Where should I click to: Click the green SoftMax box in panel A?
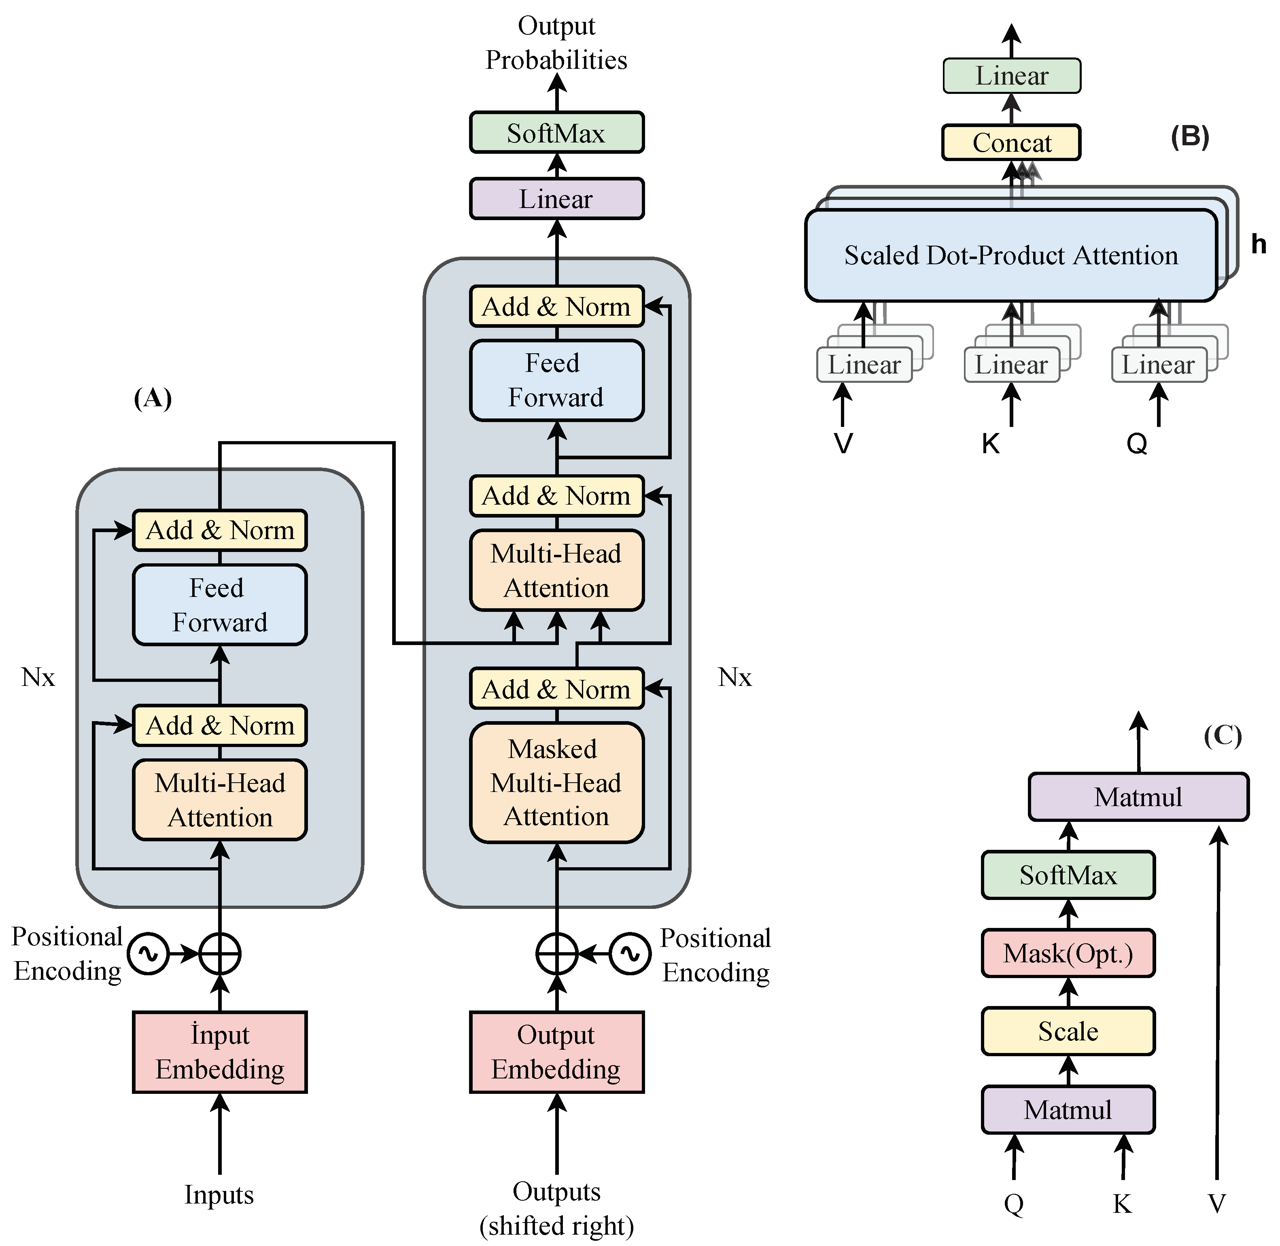pyautogui.click(x=556, y=133)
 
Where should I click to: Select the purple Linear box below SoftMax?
pyautogui.click(x=556, y=199)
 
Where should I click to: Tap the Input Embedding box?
pyautogui.click(x=220, y=1052)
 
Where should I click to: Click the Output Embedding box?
pyautogui.click(x=556, y=1052)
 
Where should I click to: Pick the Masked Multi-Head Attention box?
pyautogui.click(x=556, y=783)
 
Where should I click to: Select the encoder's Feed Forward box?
pyautogui.click(x=220, y=605)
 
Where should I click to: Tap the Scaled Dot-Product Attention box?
pyautogui.click(x=1011, y=255)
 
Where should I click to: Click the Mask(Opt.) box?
pyautogui.click(x=1068, y=953)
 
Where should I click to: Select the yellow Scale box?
pyautogui.click(x=1068, y=1032)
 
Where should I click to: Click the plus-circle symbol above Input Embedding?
pyautogui.click(x=220, y=954)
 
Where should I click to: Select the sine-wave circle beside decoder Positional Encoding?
pyautogui.click(x=630, y=954)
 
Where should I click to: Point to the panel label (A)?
pyautogui.click(x=153, y=398)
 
